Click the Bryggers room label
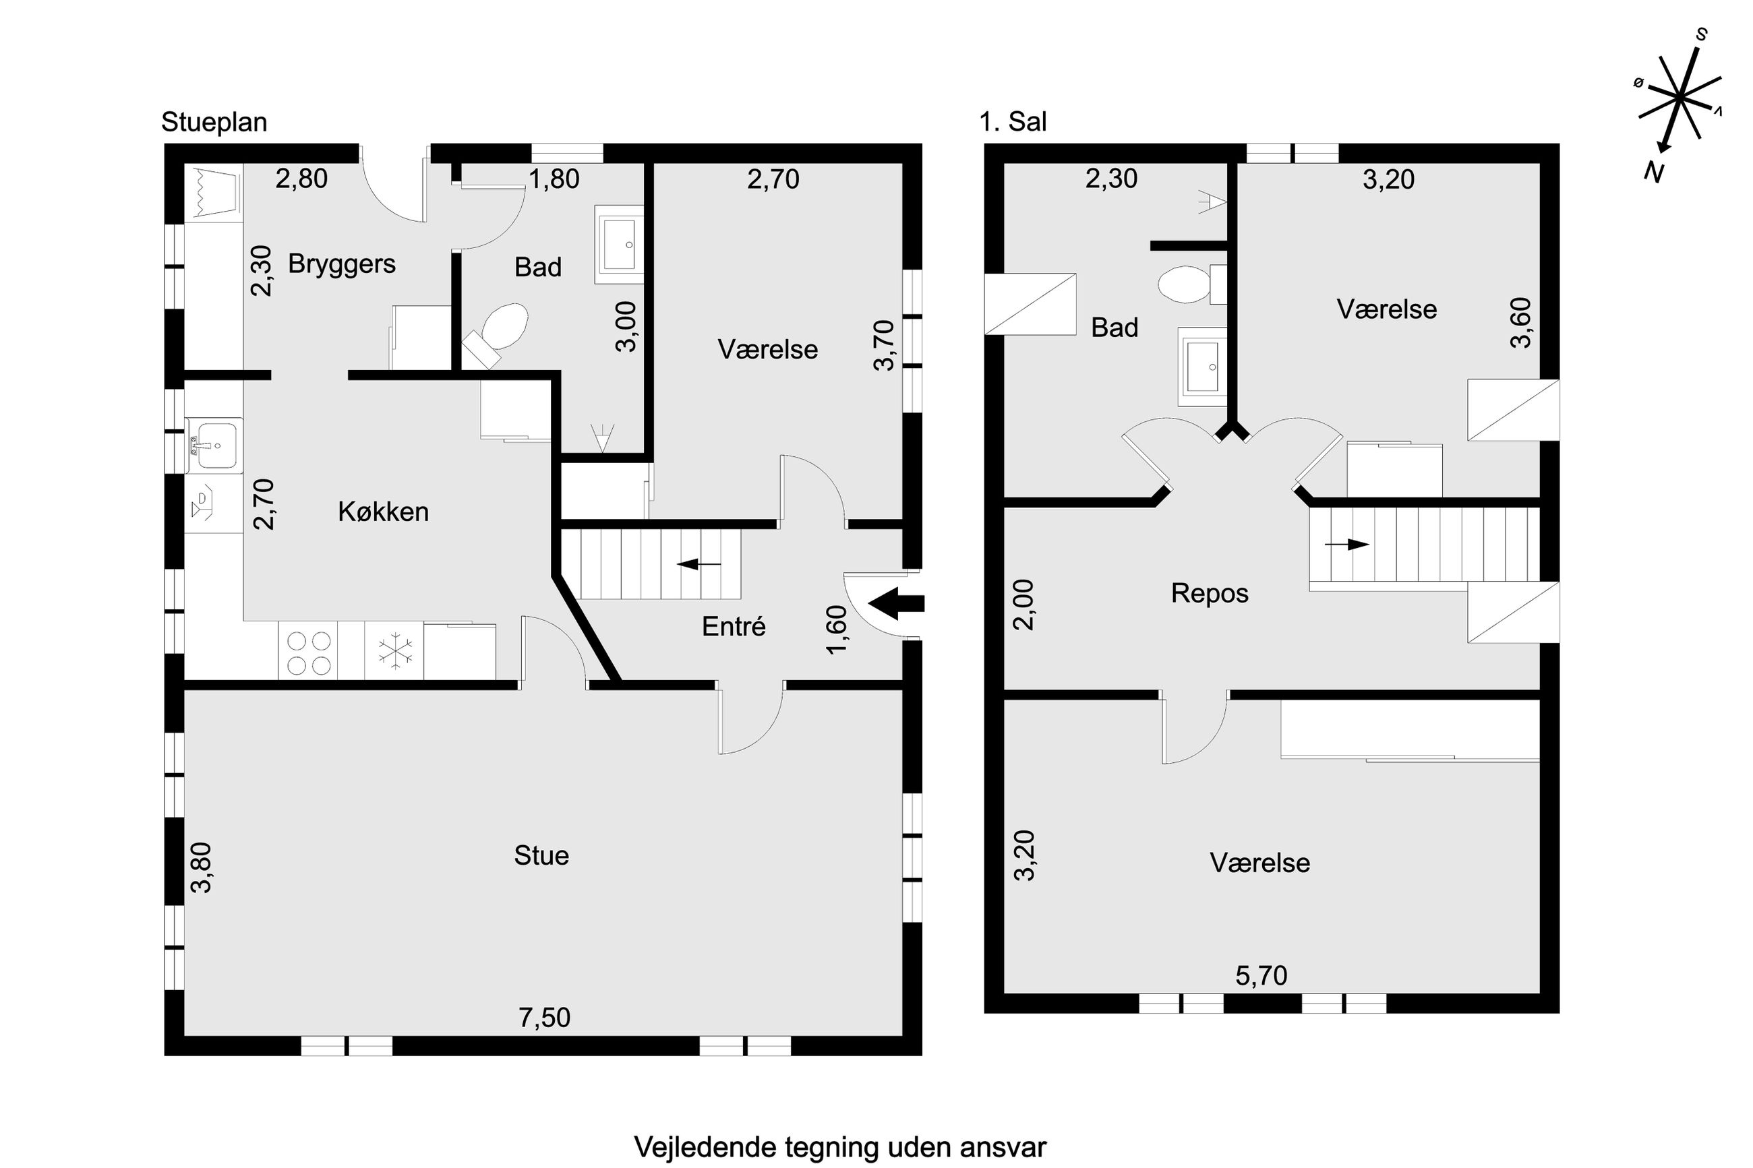point(341,264)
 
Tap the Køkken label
point(383,512)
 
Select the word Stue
point(541,855)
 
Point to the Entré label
point(733,626)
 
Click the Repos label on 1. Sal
point(1209,594)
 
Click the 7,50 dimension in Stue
point(545,1018)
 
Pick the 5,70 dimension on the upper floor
point(1261,976)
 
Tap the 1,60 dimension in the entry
point(837,629)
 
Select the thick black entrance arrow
point(896,603)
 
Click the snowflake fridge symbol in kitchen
point(395,650)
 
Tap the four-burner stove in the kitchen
point(308,652)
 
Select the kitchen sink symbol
point(214,445)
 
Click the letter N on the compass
point(1654,173)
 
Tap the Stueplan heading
point(214,122)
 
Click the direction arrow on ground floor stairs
point(699,564)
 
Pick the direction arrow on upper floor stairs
point(1347,545)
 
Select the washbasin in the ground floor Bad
point(619,245)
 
